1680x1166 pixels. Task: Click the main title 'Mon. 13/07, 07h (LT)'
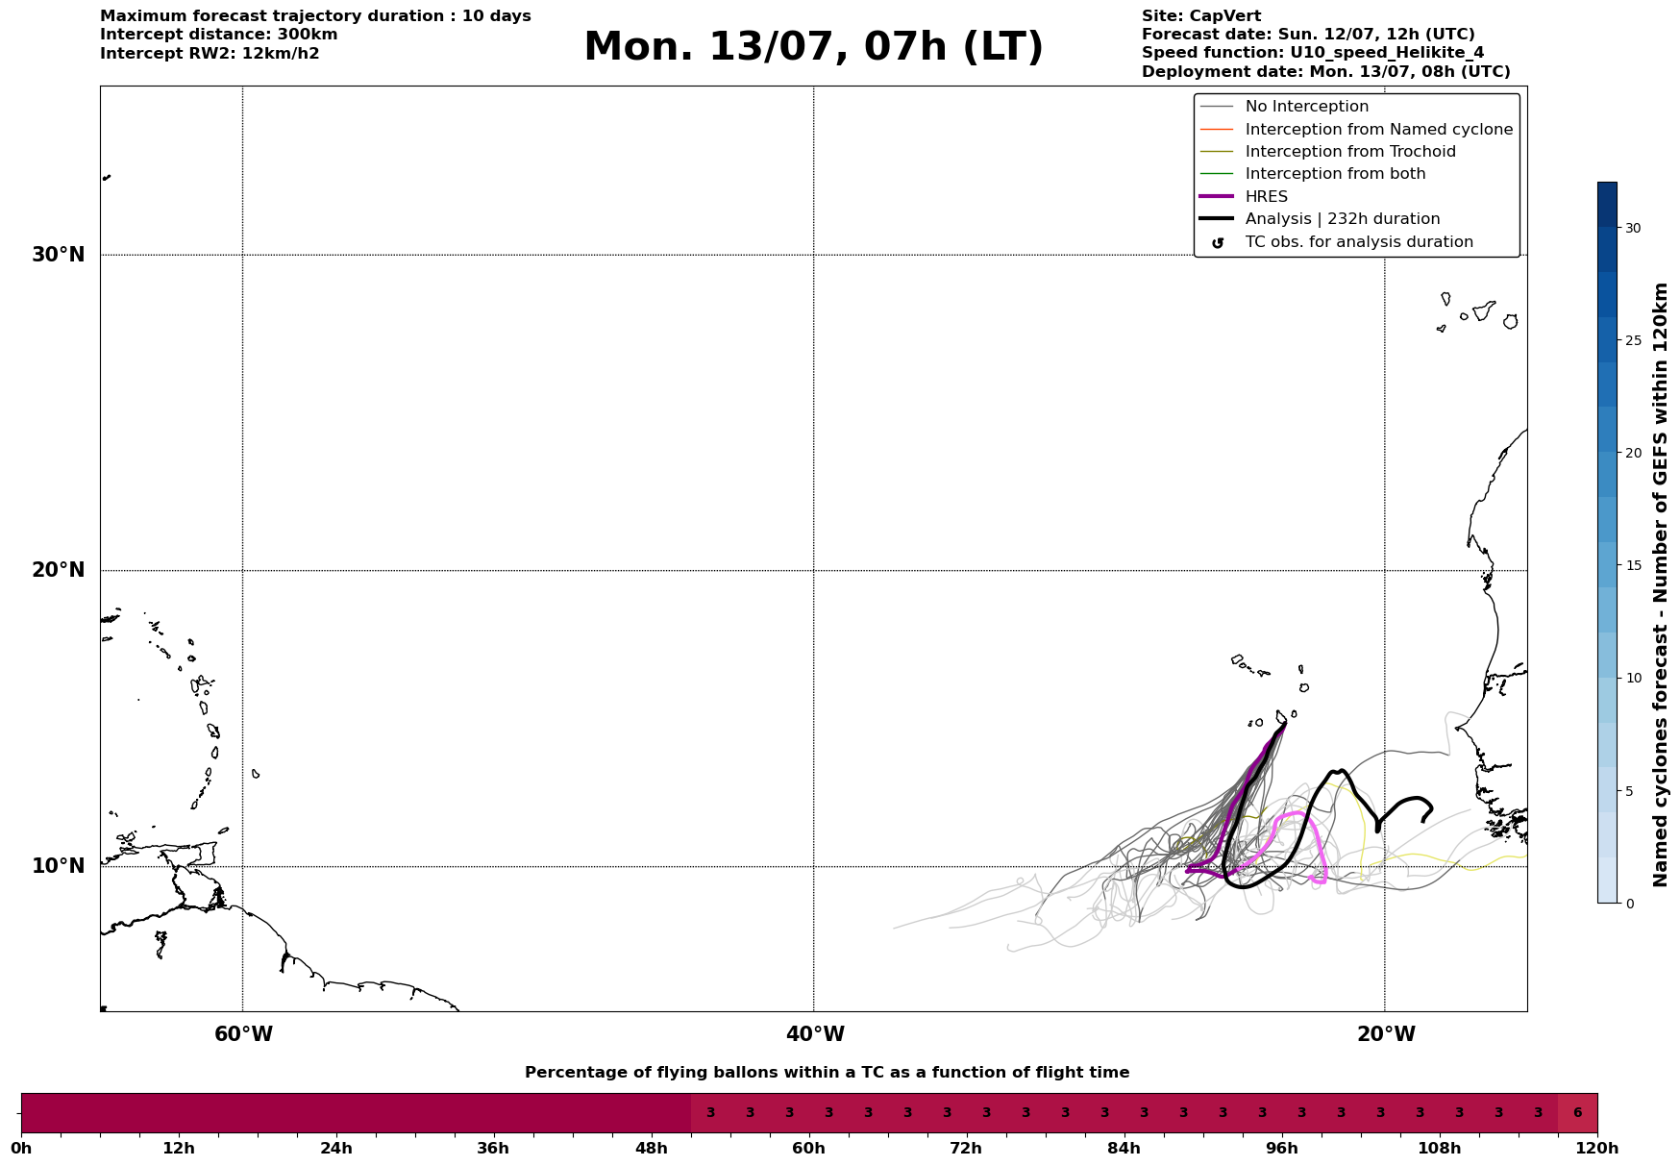pyautogui.click(x=813, y=47)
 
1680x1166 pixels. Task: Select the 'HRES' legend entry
pyautogui.click(x=1266, y=197)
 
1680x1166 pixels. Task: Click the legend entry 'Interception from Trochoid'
pyautogui.click(x=1350, y=152)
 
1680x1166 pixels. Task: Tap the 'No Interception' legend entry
pyautogui.click(x=1306, y=107)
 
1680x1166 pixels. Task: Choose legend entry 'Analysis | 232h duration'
pyautogui.click(x=1342, y=219)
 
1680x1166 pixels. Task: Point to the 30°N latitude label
pyautogui.click(x=59, y=255)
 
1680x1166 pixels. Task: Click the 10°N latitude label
pyautogui.click(x=59, y=866)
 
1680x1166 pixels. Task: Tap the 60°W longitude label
pyautogui.click(x=243, y=1034)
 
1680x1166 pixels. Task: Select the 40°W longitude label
pyautogui.click(x=815, y=1034)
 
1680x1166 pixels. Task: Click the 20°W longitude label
pyautogui.click(x=1386, y=1034)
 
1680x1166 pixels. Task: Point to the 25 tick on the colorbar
pyautogui.click(x=1633, y=340)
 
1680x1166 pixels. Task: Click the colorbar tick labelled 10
pyautogui.click(x=1633, y=678)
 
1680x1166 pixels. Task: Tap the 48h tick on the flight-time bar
pyautogui.click(x=651, y=1148)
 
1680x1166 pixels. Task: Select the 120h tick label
pyautogui.click(x=1597, y=1148)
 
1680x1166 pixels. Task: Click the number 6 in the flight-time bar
pyautogui.click(x=1577, y=1113)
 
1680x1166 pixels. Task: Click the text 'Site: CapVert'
pyautogui.click(x=1201, y=16)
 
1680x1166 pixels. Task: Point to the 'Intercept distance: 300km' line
pyautogui.click(x=219, y=35)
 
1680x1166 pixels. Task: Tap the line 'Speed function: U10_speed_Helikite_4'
pyautogui.click(x=1313, y=53)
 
